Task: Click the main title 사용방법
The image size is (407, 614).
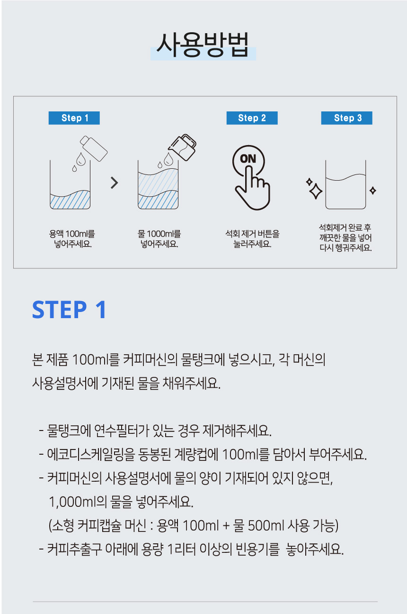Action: (x=203, y=45)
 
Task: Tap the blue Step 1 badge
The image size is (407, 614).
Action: (x=74, y=118)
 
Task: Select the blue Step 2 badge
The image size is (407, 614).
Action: (x=252, y=118)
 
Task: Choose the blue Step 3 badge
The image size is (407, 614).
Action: (x=346, y=118)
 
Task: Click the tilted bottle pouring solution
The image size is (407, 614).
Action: (x=94, y=148)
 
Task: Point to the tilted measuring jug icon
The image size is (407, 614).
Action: (x=182, y=147)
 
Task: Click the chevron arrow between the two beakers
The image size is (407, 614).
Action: (x=115, y=183)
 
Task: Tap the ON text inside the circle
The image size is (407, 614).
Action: (x=248, y=159)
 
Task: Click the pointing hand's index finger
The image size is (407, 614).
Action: (x=249, y=178)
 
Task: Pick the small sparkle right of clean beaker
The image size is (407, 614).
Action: (x=372, y=191)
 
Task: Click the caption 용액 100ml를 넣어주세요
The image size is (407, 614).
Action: (x=72, y=239)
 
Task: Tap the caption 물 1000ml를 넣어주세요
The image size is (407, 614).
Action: (x=159, y=239)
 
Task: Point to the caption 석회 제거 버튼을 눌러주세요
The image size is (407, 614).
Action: (x=252, y=239)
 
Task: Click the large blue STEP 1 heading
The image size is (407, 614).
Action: (x=69, y=310)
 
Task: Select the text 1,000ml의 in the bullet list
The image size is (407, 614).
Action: (x=78, y=502)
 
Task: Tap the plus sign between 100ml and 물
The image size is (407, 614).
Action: (x=226, y=526)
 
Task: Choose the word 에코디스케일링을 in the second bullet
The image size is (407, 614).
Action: (x=91, y=454)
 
